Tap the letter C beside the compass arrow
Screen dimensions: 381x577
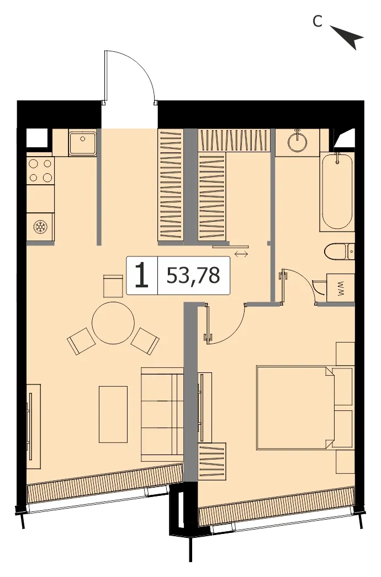317,22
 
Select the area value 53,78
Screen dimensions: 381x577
193,275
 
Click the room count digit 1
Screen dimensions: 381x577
142,276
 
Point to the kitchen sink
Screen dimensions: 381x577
82,142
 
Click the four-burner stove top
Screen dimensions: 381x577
40,170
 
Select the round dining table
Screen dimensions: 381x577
113,323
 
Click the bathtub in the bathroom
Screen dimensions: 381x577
337,192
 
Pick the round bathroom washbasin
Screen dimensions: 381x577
298,141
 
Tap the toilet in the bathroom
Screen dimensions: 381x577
340,252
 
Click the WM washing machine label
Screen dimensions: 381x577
341,288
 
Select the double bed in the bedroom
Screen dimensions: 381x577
304,407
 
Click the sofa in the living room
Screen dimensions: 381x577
162,414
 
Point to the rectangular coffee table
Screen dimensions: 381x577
113,414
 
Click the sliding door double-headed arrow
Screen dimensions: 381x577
241,254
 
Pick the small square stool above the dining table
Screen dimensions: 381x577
113,286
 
